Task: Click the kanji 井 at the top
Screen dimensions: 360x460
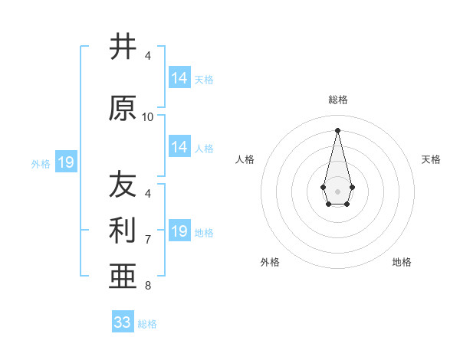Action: (x=123, y=47)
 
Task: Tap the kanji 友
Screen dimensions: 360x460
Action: (x=123, y=184)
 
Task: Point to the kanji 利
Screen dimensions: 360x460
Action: (x=123, y=228)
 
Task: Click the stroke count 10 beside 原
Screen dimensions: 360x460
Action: (x=148, y=117)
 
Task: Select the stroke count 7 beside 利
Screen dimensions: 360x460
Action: (x=148, y=240)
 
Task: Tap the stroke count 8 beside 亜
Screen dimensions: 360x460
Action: (x=148, y=286)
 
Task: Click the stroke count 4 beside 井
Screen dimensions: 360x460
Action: (x=148, y=56)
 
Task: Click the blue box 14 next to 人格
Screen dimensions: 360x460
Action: (x=179, y=147)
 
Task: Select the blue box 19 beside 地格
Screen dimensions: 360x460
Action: (x=179, y=231)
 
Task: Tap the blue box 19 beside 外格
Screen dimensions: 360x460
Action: (x=65, y=162)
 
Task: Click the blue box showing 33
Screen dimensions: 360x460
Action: (x=123, y=322)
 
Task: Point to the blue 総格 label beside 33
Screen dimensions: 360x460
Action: (x=147, y=324)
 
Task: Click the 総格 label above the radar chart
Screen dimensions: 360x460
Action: (x=337, y=100)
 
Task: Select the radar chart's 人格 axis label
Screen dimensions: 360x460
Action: (x=245, y=159)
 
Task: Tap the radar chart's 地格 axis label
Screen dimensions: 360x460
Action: (x=402, y=262)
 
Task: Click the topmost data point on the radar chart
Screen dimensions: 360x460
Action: (x=337, y=129)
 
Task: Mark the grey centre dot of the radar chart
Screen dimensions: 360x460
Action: (x=337, y=190)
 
